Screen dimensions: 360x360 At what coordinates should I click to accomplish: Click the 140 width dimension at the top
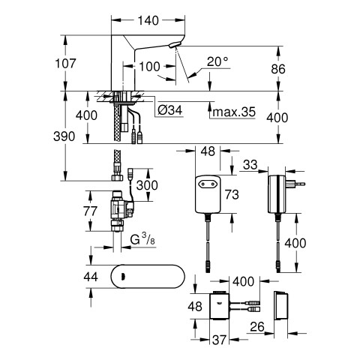point(148,20)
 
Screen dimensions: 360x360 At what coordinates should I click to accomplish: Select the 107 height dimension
point(65,64)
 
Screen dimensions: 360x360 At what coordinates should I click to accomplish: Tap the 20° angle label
point(217,61)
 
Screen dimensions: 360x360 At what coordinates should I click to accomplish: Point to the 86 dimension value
point(278,69)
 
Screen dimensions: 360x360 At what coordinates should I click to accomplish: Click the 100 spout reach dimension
point(149,67)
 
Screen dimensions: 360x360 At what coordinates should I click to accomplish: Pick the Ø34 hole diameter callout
point(170,109)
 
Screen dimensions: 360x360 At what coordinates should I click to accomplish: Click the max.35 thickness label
point(234,112)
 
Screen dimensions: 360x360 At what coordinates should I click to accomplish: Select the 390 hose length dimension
point(64,136)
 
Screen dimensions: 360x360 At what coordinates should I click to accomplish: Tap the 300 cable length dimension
point(147,185)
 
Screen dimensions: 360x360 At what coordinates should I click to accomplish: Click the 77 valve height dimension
point(90,211)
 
